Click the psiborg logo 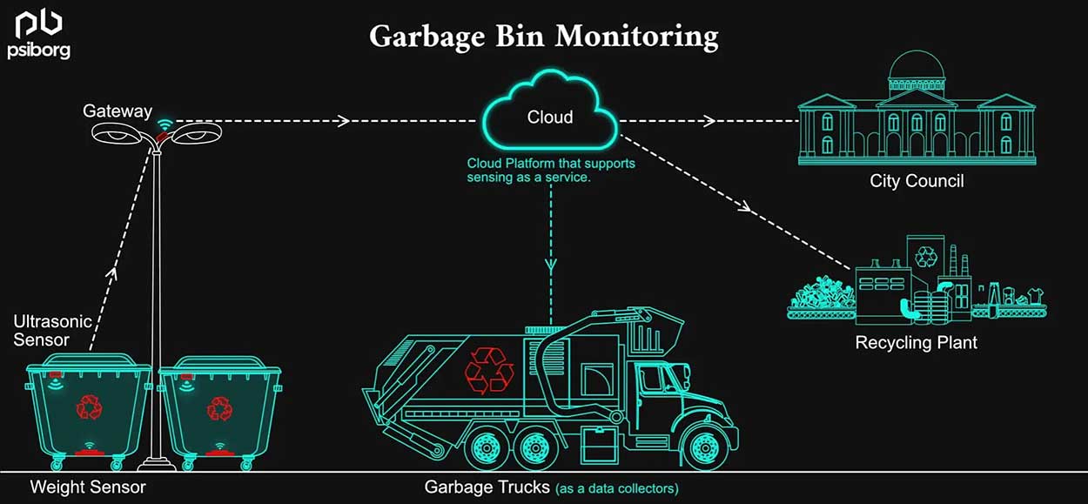[x=39, y=35]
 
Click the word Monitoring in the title [x=637, y=37]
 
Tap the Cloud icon [x=550, y=110]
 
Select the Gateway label [x=117, y=111]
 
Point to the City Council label [x=917, y=181]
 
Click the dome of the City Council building [x=917, y=64]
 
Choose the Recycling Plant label [x=916, y=342]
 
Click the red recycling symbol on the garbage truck [x=489, y=370]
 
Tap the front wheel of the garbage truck [x=704, y=447]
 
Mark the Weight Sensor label [x=88, y=487]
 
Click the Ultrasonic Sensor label [x=52, y=331]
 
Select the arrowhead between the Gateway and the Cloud [x=344, y=121]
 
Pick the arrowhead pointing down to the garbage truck [x=550, y=265]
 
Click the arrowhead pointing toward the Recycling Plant [x=744, y=206]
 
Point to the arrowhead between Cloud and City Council [x=709, y=121]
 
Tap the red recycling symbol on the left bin [x=90, y=407]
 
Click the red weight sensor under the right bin [x=220, y=454]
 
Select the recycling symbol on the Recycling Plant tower [x=926, y=257]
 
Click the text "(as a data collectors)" [x=617, y=488]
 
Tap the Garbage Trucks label [x=487, y=487]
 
